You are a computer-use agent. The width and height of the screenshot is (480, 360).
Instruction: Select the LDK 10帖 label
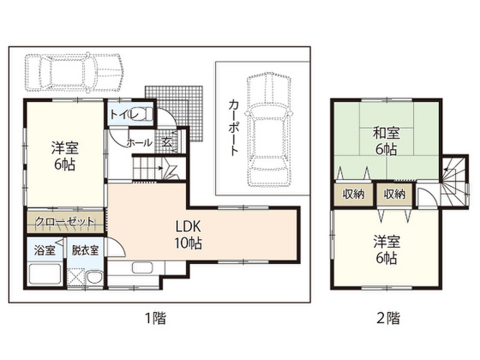pos(188,234)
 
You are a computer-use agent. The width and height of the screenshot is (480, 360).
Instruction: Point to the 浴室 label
pos(44,250)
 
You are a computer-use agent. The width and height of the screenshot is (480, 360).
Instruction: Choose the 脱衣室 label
pos(85,250)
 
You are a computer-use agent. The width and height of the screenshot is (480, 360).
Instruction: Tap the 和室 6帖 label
pos(386,141)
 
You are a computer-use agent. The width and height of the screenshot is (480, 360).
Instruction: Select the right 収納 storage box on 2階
pos(395,194)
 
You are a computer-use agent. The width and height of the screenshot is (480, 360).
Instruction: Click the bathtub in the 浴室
pos(45,274)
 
